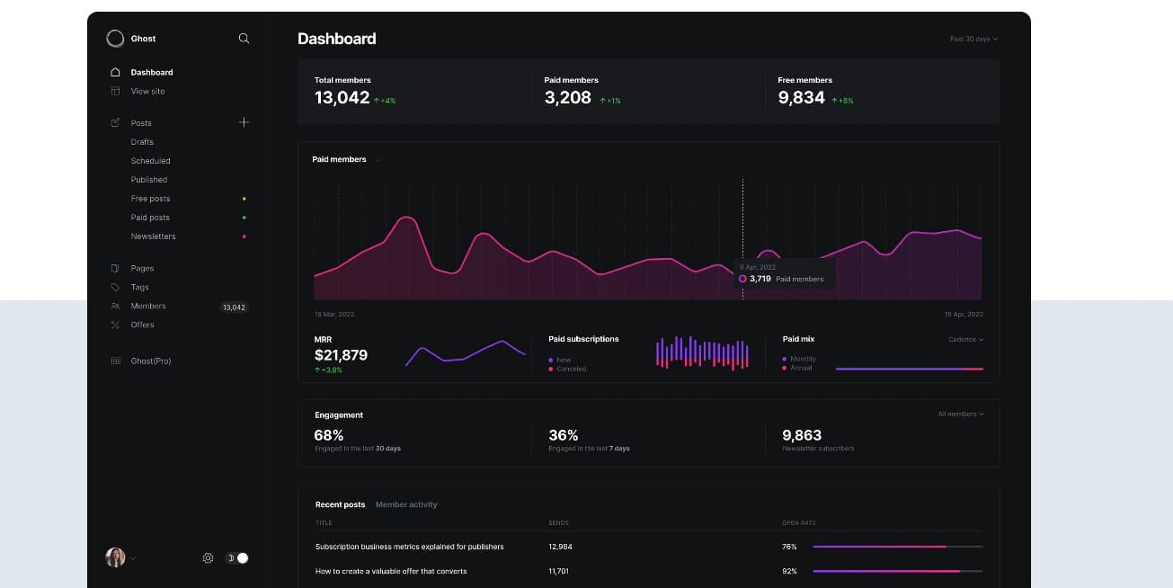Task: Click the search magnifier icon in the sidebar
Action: pos(244,39)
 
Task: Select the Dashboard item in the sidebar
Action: pos(151,72)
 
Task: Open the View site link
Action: pos(147,91)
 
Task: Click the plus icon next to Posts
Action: pos(244,122)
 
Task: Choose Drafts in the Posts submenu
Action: pos(142,142)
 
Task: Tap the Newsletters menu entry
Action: pos(153,236)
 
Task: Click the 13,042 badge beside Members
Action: pos(234,307)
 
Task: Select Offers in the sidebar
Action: pos(142,325)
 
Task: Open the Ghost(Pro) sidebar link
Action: pos(150,361)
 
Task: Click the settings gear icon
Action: pos(208,558)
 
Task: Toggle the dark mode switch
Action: pos(237,558)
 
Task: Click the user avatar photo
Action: pos(115,557)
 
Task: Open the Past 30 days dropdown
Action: pos(973,39)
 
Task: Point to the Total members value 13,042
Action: pos(342,98)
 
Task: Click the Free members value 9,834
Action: pos(801,98)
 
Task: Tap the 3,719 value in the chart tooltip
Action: pos(760,279)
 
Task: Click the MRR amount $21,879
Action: pos(341,355)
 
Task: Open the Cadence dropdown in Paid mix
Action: pos(965,340)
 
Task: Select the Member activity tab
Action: pos(406,504)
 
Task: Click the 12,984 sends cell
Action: pos(560,547)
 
